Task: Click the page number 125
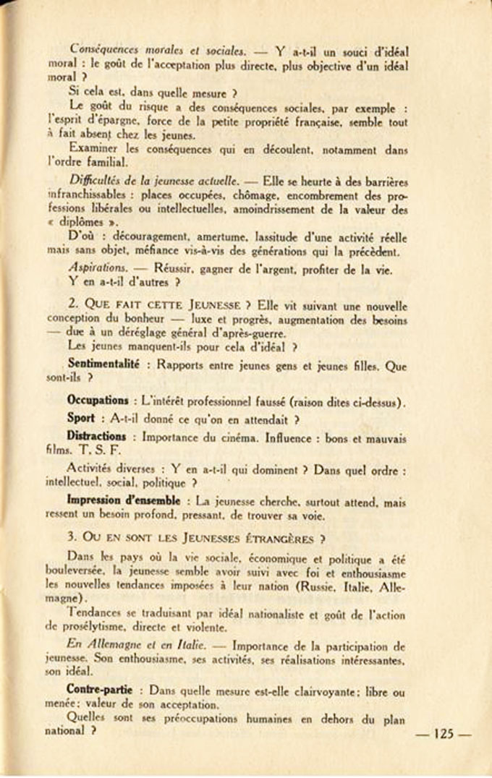[x=444, y=734]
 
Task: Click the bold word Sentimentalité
[x=103, y=366]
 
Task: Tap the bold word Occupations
[x=98, y=400]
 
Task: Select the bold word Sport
[x=80, y=418]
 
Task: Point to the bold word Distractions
[x=96, y=437]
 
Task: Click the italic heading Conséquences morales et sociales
[x=158, y=50]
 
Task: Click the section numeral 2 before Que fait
[x=71, y=306]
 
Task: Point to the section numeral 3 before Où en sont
[x=71, y=538]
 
